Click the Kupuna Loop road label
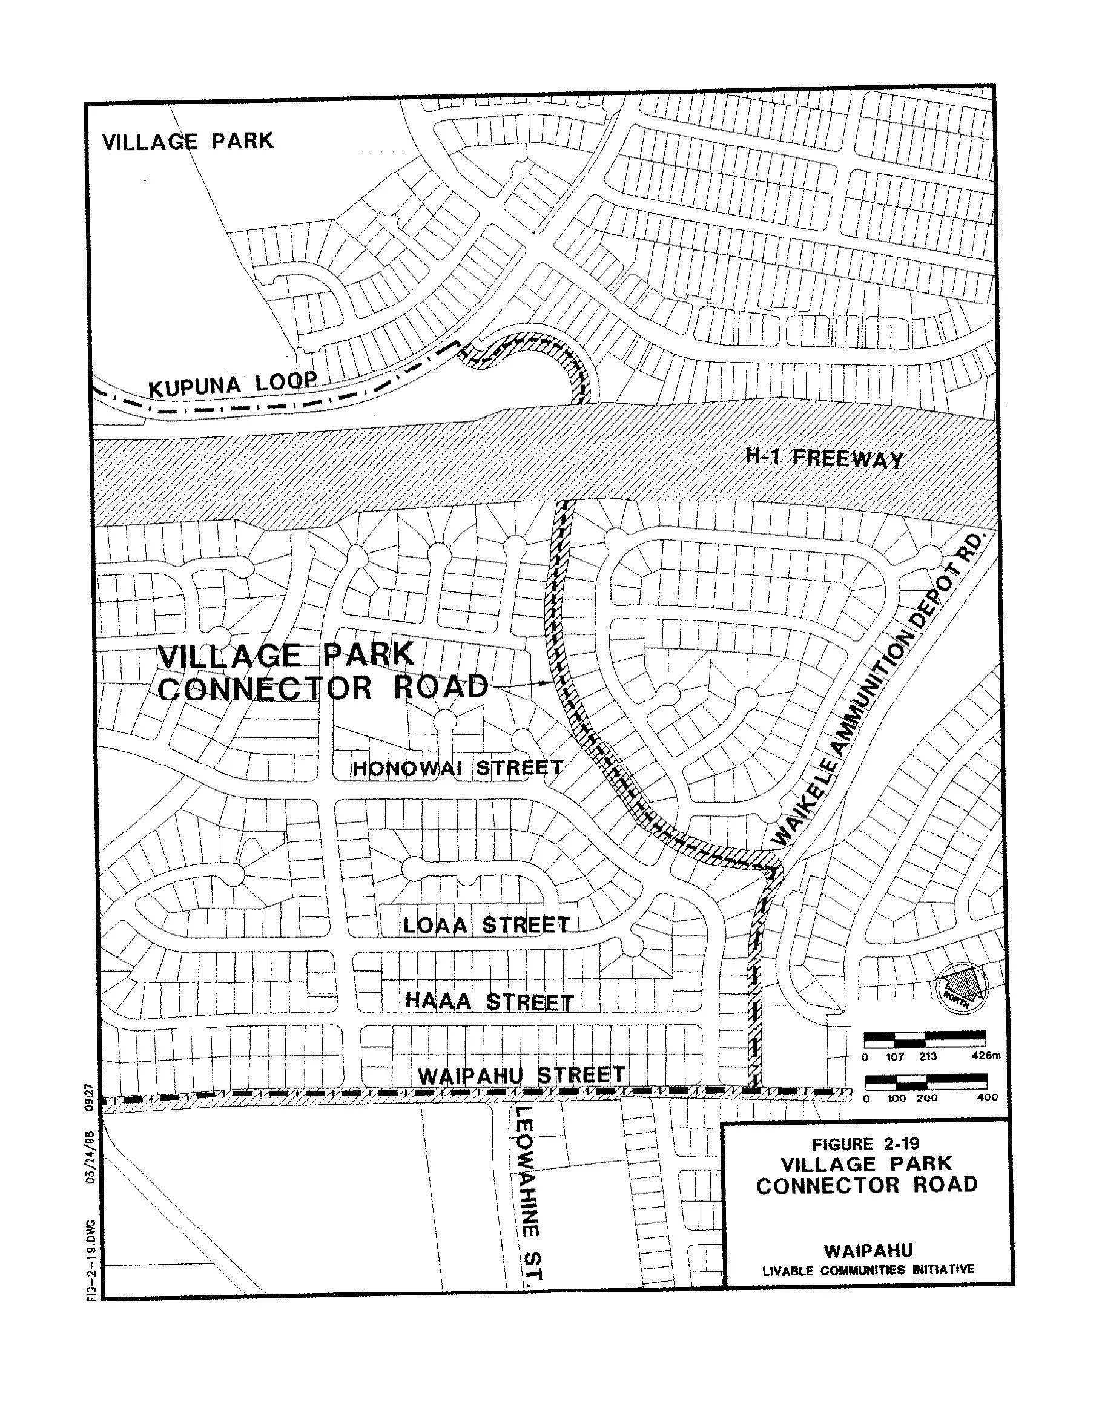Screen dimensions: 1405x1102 tap(233, 384)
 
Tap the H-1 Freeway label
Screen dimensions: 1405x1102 tap(824, 459)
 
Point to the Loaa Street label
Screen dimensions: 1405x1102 tap(486, 925)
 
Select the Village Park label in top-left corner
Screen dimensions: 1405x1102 tap(188, 140)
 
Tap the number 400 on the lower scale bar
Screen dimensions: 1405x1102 tap(987, 1097)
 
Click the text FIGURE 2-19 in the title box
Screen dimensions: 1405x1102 tap(866, 1144)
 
